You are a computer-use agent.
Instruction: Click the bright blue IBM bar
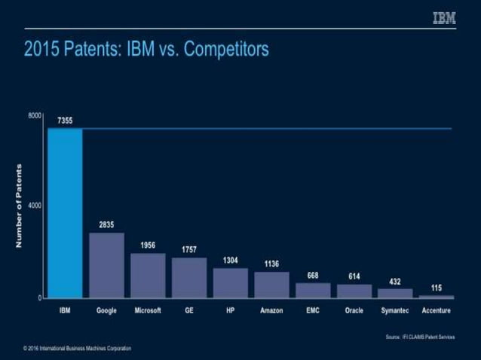[65, 213]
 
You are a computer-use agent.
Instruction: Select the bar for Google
[106, 265]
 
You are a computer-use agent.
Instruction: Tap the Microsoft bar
[148, 276]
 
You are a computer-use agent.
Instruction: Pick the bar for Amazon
[271, 285]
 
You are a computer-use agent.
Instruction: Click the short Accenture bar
[437, 296]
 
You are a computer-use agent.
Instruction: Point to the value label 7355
[65, 121]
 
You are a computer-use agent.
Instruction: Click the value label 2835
[106, 224]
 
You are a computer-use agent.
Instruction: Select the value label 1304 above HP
[230, 260]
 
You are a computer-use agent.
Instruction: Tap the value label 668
[313, 275]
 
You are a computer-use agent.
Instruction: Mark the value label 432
[395, 281]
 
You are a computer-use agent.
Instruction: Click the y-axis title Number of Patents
[19, 206]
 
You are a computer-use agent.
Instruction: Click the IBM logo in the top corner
[444, 18]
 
